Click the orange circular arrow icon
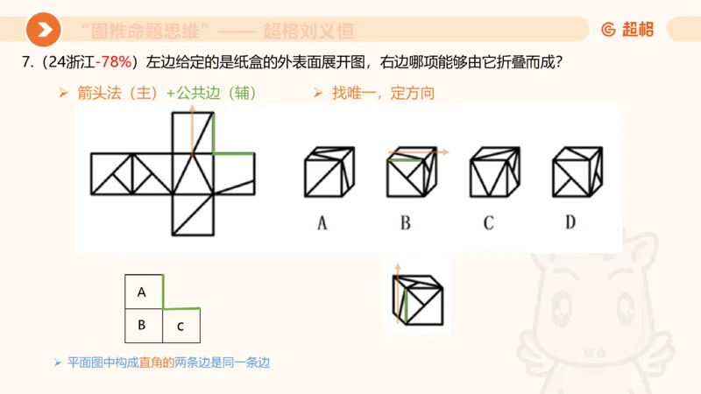click(x=43, y=30)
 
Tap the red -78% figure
click(x=114, y=63)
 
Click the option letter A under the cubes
click(x=322, y=223)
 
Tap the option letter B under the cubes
click(x=406, y=223)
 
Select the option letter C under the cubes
click(x=488, y=223)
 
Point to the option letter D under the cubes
click(x=570, y=223)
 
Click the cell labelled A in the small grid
click(x=142, y=292)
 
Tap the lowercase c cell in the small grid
click(x=181, y=327)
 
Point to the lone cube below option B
click(x=417, y=298)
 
